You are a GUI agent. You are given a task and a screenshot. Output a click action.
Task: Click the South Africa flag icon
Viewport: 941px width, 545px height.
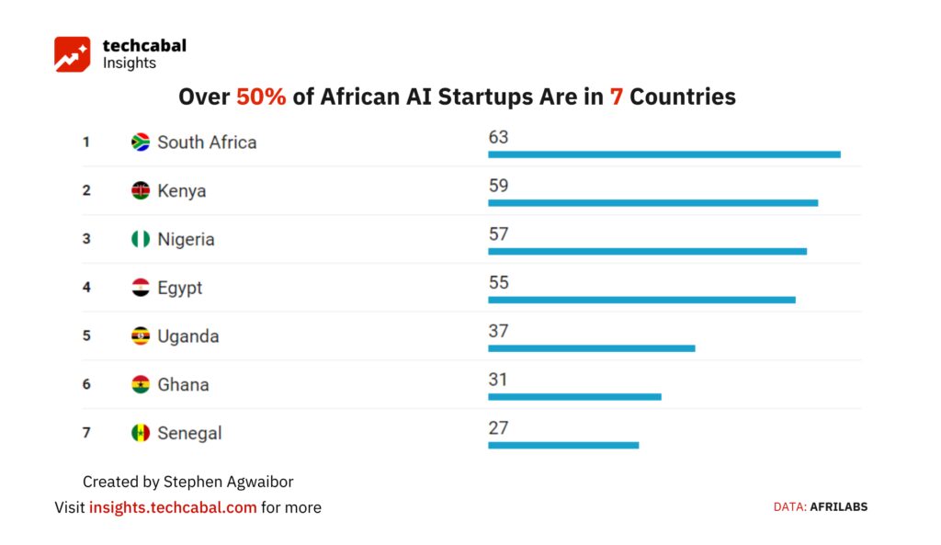[141, 142]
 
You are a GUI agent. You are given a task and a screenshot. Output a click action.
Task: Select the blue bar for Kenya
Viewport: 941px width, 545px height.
[653, 203]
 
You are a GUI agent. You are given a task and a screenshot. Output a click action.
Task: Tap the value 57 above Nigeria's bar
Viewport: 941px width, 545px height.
[498, 234]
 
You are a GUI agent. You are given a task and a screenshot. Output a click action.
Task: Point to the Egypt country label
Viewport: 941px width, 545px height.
[179, 288]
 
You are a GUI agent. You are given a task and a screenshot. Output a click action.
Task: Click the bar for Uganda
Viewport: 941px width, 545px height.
[592, 348]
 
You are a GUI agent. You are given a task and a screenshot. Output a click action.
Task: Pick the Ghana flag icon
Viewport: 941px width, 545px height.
[141, 384]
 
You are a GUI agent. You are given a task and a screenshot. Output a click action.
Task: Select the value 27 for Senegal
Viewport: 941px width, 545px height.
[498, 428]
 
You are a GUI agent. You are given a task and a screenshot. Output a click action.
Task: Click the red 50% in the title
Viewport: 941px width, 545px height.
[261, 97]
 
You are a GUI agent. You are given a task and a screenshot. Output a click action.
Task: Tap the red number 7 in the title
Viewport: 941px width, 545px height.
[617, 97]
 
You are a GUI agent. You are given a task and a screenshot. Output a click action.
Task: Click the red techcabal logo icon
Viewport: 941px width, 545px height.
[72, 54]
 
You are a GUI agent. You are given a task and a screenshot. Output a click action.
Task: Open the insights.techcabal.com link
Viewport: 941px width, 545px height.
[173, 508]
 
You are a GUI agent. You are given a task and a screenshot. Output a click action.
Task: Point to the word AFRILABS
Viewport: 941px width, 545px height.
[838, 507]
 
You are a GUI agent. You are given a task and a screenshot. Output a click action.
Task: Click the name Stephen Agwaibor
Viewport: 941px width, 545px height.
[228, 482]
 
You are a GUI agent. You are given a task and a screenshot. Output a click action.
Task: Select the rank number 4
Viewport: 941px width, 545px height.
[86, 288]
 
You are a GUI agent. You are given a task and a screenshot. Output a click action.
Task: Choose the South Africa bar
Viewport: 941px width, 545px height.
[664, 154]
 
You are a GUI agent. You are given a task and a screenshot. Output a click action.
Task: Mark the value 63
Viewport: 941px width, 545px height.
[498, 138]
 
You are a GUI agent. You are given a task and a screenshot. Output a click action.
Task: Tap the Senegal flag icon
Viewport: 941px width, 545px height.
[141, 433]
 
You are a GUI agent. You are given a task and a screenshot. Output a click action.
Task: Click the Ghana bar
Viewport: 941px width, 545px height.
[575, 397]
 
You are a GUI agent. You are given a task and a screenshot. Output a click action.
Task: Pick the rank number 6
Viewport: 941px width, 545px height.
[86, 384]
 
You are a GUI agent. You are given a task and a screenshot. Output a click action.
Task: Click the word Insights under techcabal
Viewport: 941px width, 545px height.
[129, 63]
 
